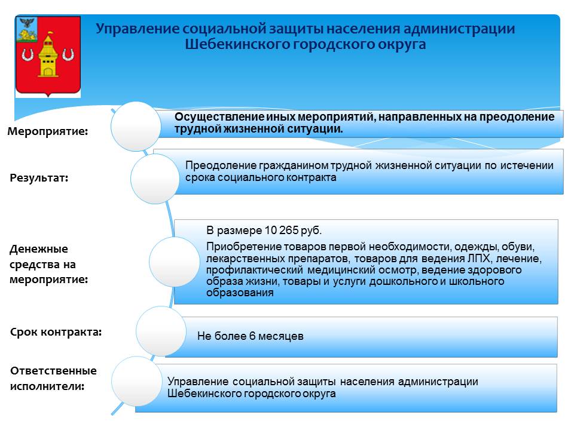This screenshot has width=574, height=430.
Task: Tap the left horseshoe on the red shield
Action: pyautogui.click(x=28, y=54)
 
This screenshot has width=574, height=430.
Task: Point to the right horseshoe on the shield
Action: pyautogui.click(x=68, y=54)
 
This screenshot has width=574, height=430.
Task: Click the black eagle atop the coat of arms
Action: pyautogui.click(x=26, y=23)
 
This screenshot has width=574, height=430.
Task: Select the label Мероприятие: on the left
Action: pyautogui.click(x=48, y=131)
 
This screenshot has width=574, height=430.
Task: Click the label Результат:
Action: pyautogui.click(x=39, y=178)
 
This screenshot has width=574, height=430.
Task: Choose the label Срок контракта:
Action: pyautogui.click(x=56, y=332)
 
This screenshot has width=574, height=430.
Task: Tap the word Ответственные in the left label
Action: pyautogui.click(x=53, y=371)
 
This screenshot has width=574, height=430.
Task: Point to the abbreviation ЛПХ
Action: pyautogui.click(x=479, y=259)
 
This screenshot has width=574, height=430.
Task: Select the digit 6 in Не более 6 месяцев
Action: pyautogui.click(x=252, y=336)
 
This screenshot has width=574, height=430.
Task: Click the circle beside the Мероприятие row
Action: pyautogui.click(x=136, y=126)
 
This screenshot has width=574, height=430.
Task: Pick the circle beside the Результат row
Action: pyautogui.click(x=155, y=179)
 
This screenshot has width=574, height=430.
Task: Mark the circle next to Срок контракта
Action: pyautogui.click(x=161, y=331)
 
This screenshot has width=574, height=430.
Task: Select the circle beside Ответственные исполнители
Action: pyautogui.click(x=137, y=381)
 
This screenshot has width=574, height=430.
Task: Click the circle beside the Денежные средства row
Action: pyautogui.click(x=174, y=262)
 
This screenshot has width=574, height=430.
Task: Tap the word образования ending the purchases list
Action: pyautogui.click(x=240, y=293)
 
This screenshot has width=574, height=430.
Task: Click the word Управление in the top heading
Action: pyautogui.click(x=138, y=29)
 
